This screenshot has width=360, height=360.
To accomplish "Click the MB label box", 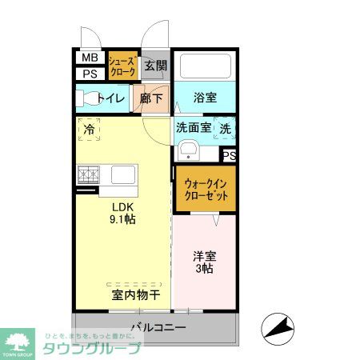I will pyautogui.click(x=90, y=58).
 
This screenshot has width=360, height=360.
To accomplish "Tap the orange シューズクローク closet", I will pyautogui.click(x=124, y=66).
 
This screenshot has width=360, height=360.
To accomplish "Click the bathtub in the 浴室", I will pyautogui.click(x=205, y=66).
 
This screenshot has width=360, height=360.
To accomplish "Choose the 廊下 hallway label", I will pyautogui.click(x=152, y=98).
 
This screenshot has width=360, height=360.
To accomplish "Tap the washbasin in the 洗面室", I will pyautogui.click(x=189, y=150).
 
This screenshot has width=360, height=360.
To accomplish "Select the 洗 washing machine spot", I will pyautogui.click(x=226, y=128).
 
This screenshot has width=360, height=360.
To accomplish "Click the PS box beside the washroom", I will pyautogui.click(x=229, y=155).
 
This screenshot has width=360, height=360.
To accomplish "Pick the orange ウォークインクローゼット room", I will pyautogui.click(x=206, y=190).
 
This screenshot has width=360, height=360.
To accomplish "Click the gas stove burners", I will pyautogui.click(x=89, y=174).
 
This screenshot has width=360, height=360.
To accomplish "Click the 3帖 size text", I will pyautogui.click(x=203, y=270).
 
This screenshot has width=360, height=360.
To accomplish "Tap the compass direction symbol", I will pyautogui.click(x=278, y=328).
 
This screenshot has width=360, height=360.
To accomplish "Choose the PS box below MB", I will pyautogui.click(x=90, y=74).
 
